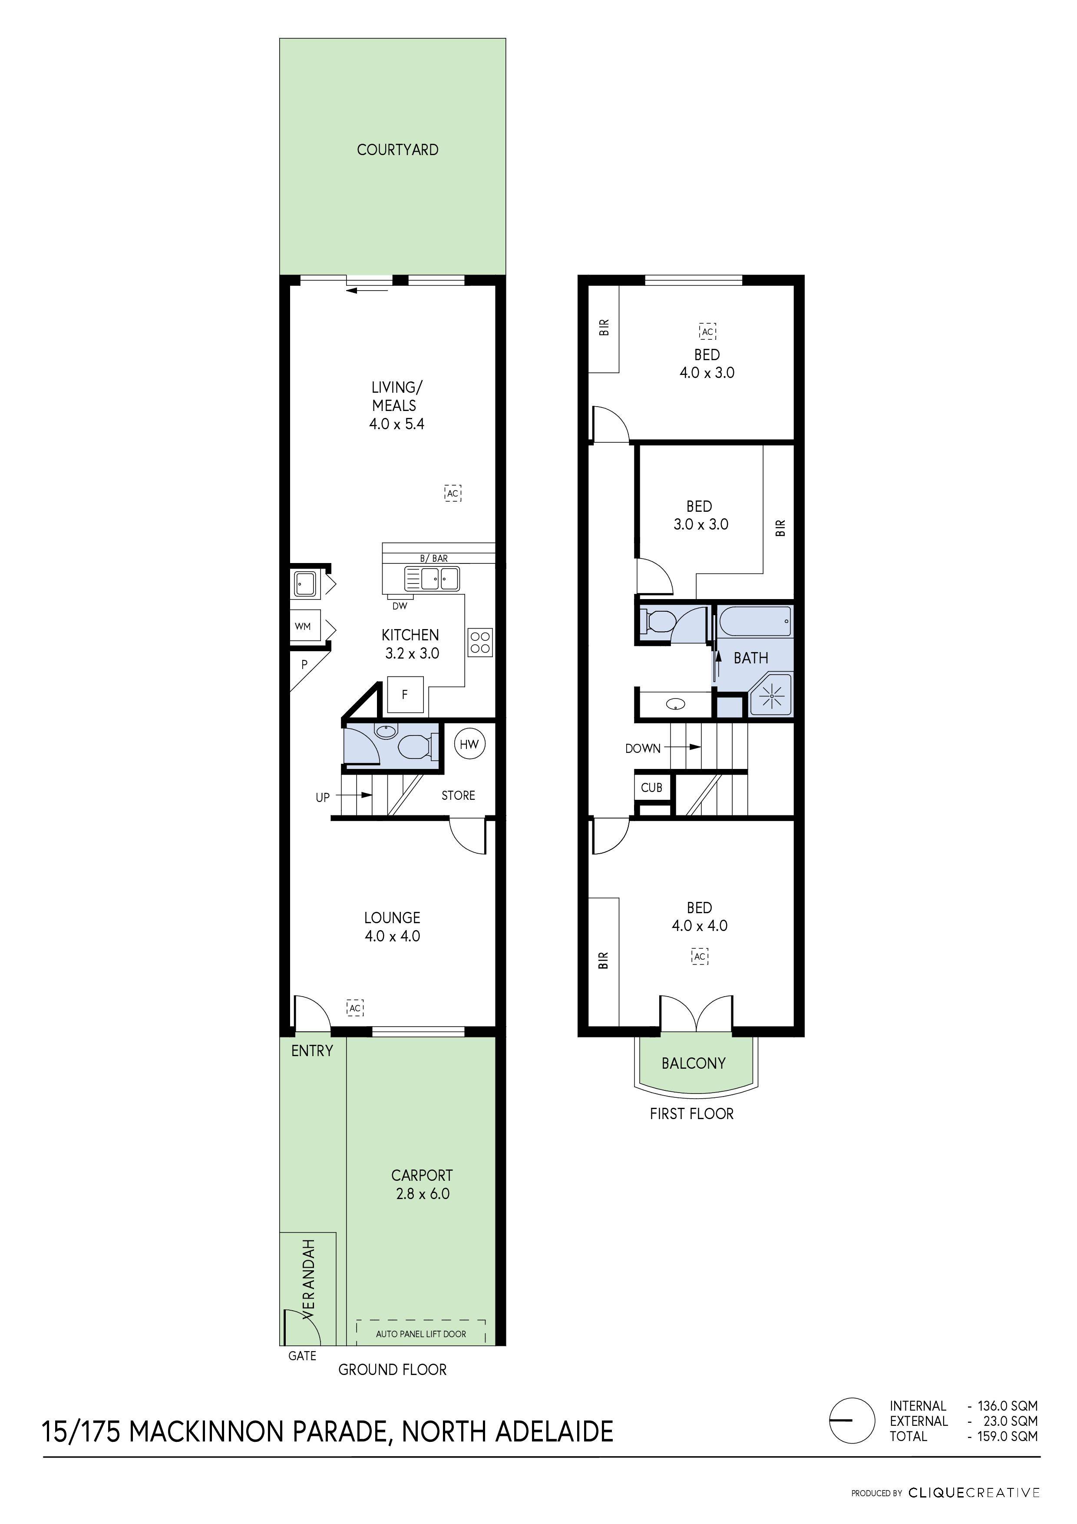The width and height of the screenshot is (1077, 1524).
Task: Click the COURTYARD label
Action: [x=397, y=150]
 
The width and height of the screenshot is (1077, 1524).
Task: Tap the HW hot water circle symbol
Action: [x=469, y=744]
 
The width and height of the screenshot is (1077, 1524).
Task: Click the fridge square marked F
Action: [x=405, y=694]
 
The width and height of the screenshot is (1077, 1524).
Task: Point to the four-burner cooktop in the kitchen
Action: [x=480, y=642]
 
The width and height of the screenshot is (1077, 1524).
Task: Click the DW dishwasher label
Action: [x=400, y=606]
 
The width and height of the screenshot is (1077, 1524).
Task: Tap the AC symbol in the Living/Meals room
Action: [x=453, y=493]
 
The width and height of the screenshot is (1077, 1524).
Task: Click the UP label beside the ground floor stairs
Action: [x=323, y=797]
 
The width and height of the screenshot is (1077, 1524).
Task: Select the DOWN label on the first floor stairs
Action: [x=642, y=749]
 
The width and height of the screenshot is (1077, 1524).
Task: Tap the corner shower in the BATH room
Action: [x=771, y=695]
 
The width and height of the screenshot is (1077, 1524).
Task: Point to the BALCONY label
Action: [x=694, y=1063]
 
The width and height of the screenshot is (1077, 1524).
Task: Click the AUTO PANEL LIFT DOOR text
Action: [x=421, y=1334]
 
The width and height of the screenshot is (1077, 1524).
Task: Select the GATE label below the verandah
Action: [x=302, y=1356]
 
